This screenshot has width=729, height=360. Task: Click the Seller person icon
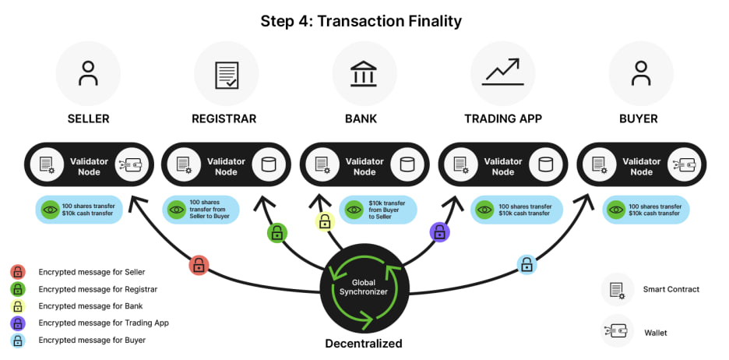88,73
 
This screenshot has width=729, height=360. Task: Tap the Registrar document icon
226,73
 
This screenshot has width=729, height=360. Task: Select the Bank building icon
364,73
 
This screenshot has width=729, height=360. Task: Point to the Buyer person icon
641,73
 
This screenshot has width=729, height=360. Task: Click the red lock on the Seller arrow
199,266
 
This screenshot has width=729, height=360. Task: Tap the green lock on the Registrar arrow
276,232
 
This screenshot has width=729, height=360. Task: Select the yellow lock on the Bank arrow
325,224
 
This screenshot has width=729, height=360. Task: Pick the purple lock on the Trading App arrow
439,231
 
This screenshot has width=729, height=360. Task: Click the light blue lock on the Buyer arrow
527,265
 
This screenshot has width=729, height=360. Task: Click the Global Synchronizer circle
364,288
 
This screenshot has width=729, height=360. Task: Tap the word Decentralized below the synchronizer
364,344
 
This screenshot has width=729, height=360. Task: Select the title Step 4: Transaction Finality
364,21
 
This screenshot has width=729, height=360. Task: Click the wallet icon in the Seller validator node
130,165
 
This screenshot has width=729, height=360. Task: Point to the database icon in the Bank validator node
407,165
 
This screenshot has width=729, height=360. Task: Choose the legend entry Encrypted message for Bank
90,306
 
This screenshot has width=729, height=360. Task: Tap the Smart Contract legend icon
617,289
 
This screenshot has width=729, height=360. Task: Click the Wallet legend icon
617,331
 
